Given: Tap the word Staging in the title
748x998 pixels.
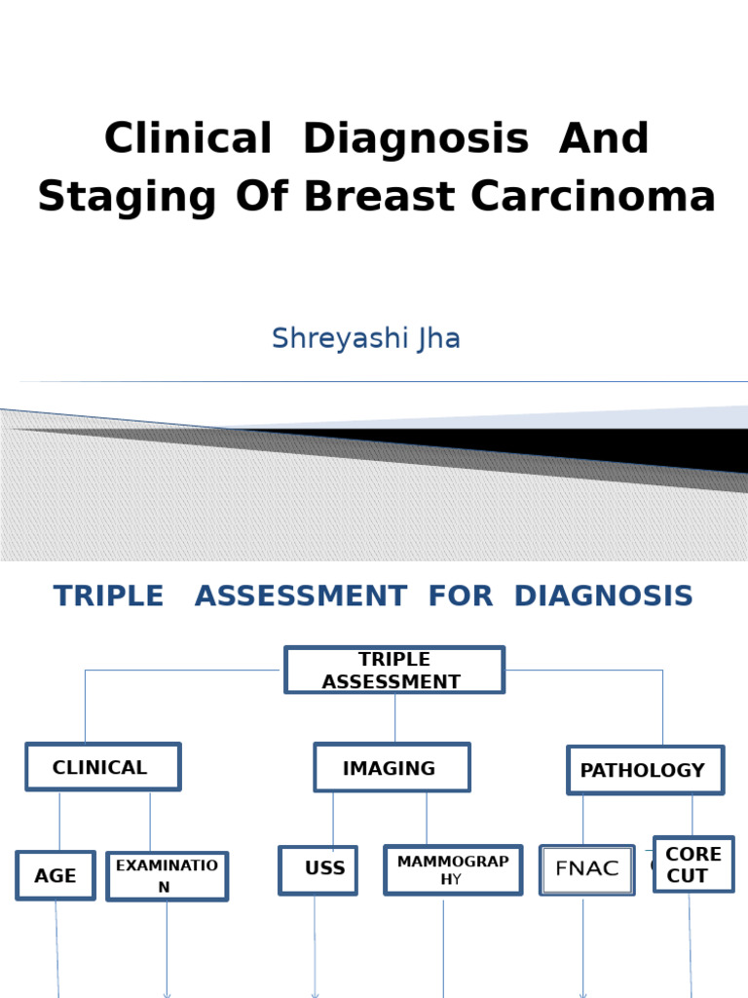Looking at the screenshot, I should (127, 198).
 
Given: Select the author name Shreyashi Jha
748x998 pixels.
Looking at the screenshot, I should (366, 338).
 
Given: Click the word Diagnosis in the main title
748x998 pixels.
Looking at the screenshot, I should (416, 138).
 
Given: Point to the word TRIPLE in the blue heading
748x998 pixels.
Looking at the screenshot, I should (109, 595).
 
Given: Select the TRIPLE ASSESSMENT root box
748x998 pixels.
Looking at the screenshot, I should (394, 671).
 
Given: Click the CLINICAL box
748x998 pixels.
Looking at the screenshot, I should (102, 767).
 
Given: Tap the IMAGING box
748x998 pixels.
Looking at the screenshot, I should (392, 768).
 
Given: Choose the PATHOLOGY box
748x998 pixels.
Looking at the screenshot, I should (645, 770).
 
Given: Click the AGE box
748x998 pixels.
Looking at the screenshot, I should (56, 875).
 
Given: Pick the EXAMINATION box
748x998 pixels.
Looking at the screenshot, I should (167, 875).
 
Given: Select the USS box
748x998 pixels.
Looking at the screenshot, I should (318, 869).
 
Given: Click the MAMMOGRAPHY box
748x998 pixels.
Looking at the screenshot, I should (453, 869).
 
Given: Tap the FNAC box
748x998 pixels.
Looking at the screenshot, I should (586, 869).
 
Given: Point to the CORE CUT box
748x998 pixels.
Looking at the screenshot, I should (693, 864).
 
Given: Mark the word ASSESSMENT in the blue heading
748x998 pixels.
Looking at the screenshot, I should (300, 595).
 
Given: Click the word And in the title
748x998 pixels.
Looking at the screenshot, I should (604, 138).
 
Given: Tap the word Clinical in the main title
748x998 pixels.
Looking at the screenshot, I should (188, 138).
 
